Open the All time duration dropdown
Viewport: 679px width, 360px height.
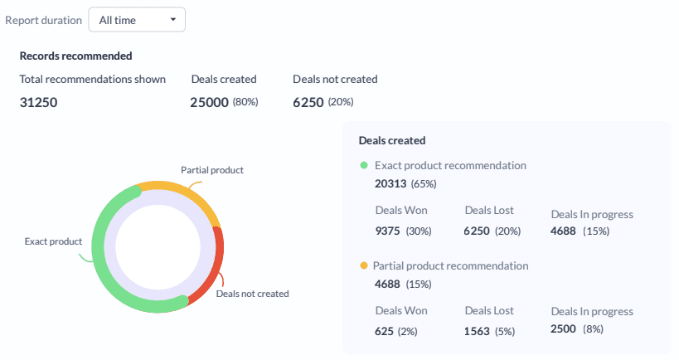[137, 20]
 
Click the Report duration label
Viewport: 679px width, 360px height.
[43, 20]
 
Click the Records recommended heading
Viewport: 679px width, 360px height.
[75, 56]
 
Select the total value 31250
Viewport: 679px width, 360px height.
[38, 103]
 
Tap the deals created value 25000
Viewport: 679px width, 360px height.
[209, 103]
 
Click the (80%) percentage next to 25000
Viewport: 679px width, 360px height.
[245, 102]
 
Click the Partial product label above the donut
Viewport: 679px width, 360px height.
[212, 169]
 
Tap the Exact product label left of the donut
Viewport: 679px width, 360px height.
[53, 241]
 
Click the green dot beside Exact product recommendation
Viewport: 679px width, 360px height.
[363, 165]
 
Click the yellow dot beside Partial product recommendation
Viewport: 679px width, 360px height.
[363, 266]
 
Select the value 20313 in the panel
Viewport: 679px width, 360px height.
[390, 182]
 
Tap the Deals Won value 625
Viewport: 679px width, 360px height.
[384, 331]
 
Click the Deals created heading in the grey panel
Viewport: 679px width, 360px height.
[392, 141]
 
